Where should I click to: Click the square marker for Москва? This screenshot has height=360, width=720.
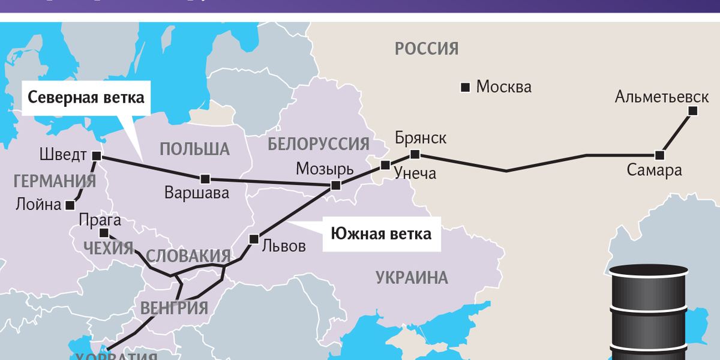click(464, 88)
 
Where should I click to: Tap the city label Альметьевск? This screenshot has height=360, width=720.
click(662, 97)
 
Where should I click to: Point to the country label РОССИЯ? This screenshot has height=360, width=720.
click(427, 49)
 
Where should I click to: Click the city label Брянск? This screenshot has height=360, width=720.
click(421, 138)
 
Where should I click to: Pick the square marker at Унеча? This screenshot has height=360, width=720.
click(385, 165)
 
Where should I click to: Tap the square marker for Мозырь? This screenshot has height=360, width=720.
click(336, 185)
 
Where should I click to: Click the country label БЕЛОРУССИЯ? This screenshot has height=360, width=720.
click(318, 144)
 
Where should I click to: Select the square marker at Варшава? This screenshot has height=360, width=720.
click(205, 178)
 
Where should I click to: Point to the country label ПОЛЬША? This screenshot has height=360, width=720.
click(195, 149)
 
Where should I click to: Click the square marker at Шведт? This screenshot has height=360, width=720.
click(97, 156)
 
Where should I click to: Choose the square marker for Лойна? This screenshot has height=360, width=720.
click(70, 205)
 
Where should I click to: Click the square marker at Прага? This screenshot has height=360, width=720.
click(103, 233)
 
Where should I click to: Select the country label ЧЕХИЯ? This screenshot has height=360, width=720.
click(109, 248)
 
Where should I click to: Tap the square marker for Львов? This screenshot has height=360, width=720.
click(254, 238)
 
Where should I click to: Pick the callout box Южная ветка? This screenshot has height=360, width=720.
click(381, 234)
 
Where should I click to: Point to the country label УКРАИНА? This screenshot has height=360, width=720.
click(412, 278)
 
